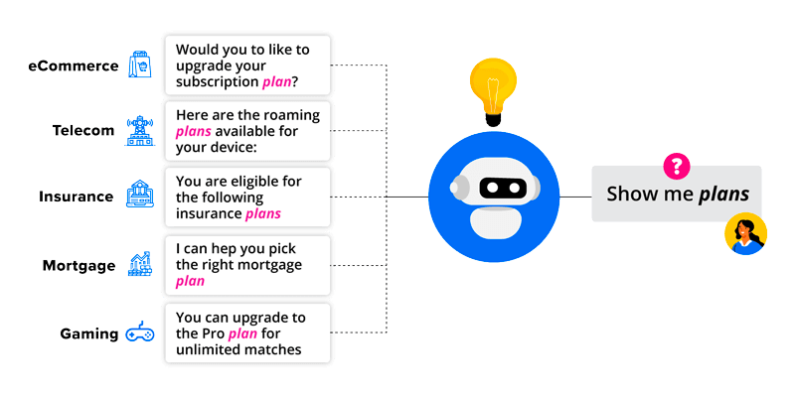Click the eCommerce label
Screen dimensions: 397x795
(73, 66)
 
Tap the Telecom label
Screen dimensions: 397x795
(82, 130)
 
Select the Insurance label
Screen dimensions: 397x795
(76, 197)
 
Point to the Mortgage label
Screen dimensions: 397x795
(79, 265)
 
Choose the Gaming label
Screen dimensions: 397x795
(88, 333)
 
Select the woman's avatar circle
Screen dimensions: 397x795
(744, 234)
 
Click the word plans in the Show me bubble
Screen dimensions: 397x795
(723, 195)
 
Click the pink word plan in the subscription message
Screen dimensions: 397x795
(276, 82)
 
